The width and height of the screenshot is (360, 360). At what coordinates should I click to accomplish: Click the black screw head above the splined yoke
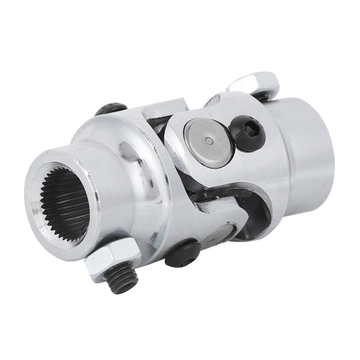coord(111,108)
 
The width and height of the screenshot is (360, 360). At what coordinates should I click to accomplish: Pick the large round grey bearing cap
coord(208,142)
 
